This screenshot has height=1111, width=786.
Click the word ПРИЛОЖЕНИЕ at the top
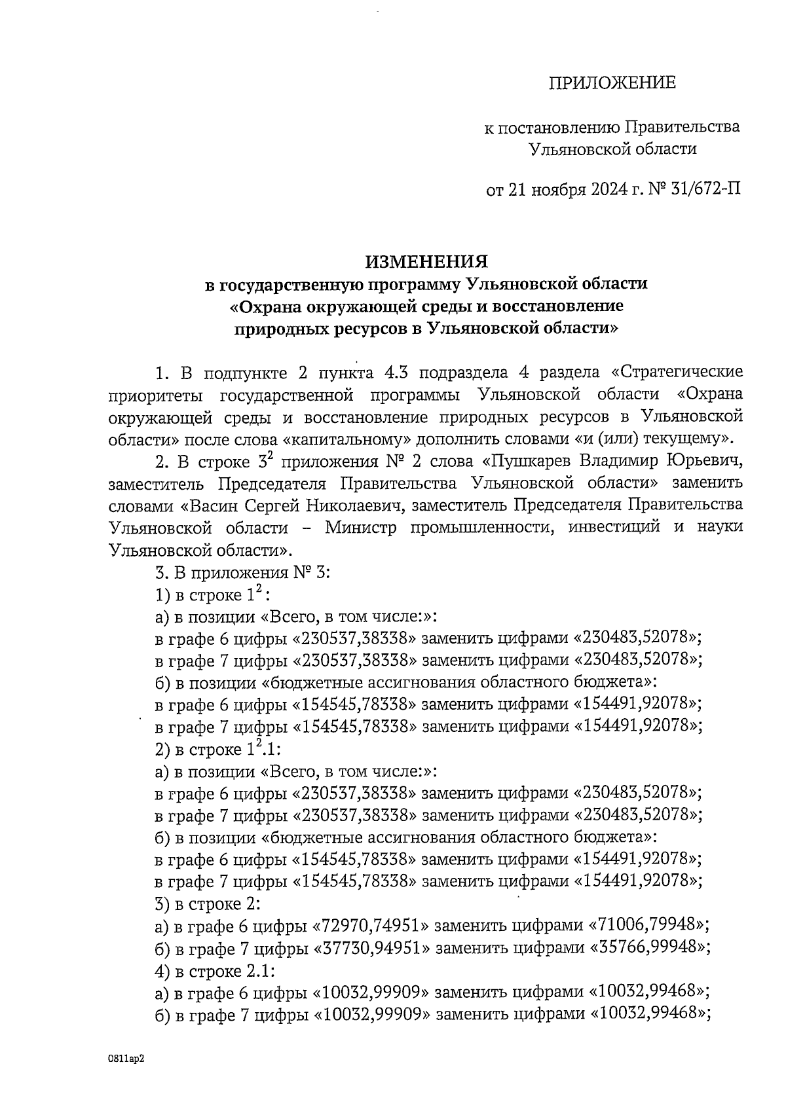click(x=611, y=83)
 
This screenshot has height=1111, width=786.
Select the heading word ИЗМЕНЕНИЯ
click(x=426, y=262)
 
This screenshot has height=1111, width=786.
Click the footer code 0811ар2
click(x=126, y=1059)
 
